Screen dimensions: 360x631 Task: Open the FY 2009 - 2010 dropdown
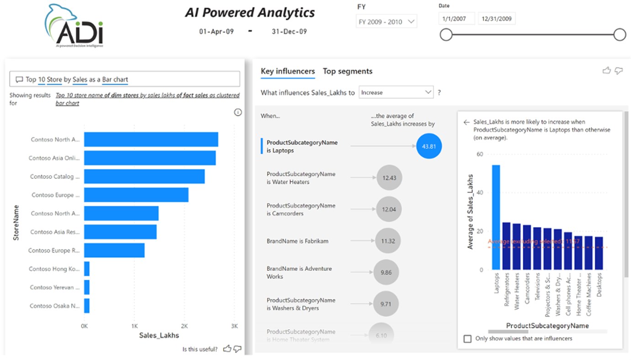coord(386,21)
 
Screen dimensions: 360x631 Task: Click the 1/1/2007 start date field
coord(456,19)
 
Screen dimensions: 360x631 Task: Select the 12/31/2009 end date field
coord(497,19)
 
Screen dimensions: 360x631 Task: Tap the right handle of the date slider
coord(620,35)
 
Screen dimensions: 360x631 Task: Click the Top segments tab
coord(348,71)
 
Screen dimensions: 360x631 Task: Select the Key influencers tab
coord(288,71)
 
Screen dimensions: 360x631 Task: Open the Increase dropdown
coord(396,92)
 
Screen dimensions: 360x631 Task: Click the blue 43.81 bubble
coord(429,146)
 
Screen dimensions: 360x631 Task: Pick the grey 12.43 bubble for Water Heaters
coord(389,178)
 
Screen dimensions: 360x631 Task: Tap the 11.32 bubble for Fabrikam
coord(388,241)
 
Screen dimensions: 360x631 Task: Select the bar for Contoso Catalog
coord(144,177)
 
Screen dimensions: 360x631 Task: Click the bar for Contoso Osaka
coord(87,306)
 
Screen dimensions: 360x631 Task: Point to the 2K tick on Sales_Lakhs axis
coord(184,327)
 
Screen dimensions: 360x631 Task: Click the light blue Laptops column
coord(496,217)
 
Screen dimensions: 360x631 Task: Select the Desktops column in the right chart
coord(599,253)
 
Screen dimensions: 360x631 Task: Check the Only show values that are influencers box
coord(467,339)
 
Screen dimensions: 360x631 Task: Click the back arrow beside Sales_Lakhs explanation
coord(466,123)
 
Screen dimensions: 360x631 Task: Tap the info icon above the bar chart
coord(238,113)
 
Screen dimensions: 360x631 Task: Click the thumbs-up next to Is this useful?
coord(227,349)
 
